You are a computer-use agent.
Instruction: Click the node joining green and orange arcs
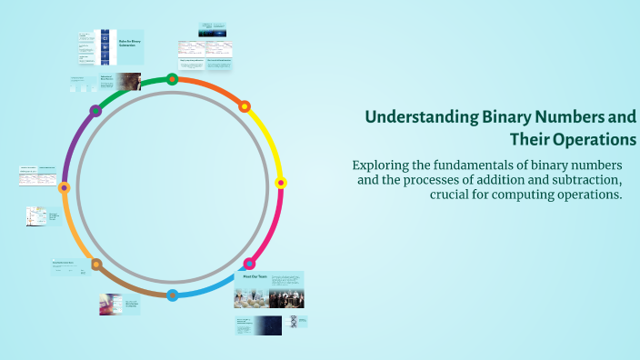click(173, 79)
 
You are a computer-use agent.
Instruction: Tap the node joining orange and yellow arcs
click(245, 106)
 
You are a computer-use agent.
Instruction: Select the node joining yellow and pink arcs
click(281, 183)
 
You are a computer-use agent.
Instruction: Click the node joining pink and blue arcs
click(249, 265)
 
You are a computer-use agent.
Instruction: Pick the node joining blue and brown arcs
click(173, 294)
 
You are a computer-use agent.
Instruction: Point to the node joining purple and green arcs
click(95, 111)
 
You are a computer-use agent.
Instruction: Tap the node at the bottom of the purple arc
click(64, 188)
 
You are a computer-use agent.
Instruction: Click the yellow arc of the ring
click(269, 141)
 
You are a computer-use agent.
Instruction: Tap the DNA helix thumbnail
click(293, 321)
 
